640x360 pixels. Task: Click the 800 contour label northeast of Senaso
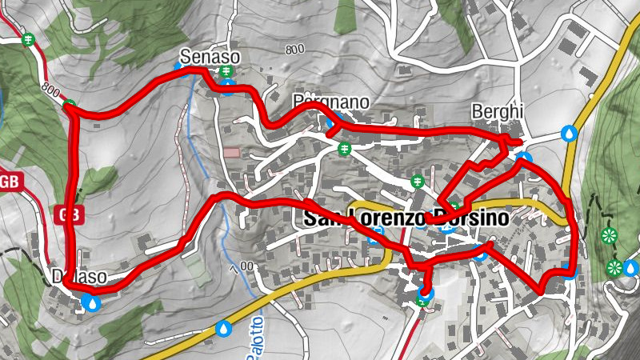(294, 50)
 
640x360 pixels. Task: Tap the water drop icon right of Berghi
(570, 132)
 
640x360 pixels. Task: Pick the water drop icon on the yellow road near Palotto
(224, 327)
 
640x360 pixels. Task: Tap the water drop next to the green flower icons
(631, 267)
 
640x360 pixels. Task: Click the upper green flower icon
(610, 236)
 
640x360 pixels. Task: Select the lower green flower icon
(614, 267)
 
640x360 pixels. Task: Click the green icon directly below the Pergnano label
(344, 148)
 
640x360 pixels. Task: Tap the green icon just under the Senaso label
(226, 73)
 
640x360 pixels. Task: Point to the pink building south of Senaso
(231, 152)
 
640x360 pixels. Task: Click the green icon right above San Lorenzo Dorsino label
(417, 182)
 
